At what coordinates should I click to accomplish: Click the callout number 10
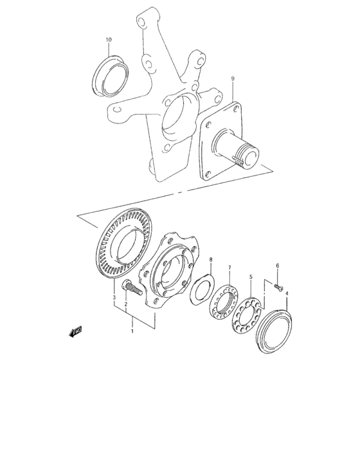(109, 40)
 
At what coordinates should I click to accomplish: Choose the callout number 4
(287, 293)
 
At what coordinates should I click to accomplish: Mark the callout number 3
(113, 298)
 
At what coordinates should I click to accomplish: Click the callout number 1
(132, 332)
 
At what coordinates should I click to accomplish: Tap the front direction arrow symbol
(75, 332)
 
